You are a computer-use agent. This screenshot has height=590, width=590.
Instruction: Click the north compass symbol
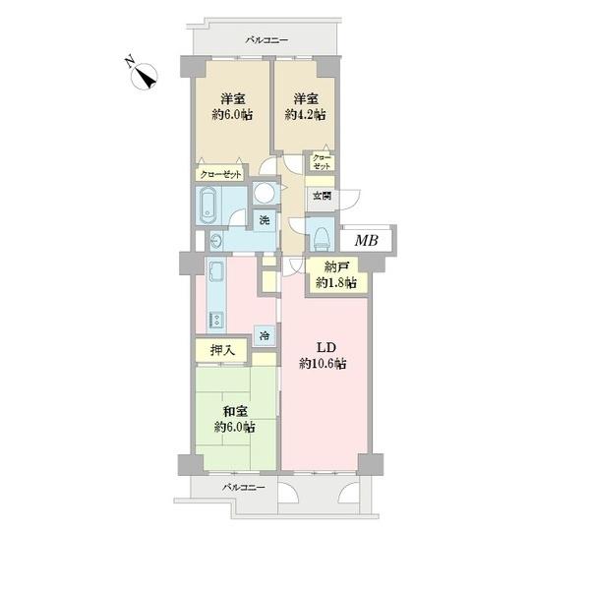tap(145, 76)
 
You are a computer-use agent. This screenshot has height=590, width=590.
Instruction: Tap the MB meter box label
tap(367, 241)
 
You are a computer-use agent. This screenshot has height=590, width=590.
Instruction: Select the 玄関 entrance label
tap(323, 196)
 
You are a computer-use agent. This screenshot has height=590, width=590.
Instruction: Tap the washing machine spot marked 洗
tap(265, 220)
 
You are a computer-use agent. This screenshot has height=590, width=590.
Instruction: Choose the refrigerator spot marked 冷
tap(265, 335)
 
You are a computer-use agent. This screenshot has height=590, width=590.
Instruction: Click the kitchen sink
tap(216, 271)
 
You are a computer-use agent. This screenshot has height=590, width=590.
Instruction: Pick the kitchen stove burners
tap(216, 321)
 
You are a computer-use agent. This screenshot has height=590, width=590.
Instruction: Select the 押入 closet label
tap(222, 350)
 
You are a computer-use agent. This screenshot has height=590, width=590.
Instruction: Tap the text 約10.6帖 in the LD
tap(323, 364)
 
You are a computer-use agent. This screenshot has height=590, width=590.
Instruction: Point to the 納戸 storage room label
tap(336, 267)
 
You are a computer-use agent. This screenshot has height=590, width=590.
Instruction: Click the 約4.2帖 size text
tap(305, 114)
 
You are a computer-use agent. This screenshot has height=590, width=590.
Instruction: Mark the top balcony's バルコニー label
tap(266, 39)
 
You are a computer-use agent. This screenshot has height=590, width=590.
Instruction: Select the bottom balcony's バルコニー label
tap(244, 488)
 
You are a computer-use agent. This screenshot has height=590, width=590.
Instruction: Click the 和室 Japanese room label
tap(235, 412)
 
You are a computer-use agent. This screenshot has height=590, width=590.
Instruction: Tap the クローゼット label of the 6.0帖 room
tap(220, 175)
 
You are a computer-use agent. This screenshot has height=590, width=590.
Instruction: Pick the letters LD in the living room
tap(325, 348)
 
